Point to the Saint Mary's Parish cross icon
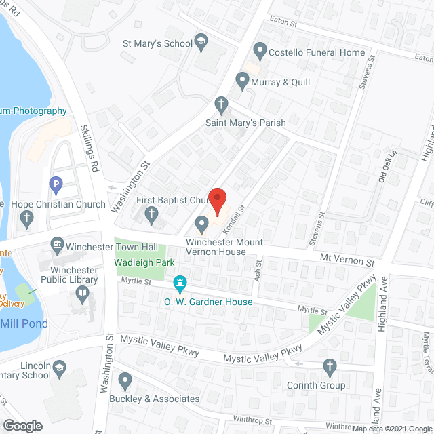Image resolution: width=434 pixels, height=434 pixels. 220,104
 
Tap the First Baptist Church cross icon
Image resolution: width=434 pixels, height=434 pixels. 152,216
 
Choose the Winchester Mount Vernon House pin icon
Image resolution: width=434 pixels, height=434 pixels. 201,223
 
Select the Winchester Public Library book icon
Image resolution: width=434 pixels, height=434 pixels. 83,293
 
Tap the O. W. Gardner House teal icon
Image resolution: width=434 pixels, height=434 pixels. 180,281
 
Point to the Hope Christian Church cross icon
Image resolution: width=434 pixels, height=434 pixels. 27,218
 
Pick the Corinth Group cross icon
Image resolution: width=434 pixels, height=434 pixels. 330,367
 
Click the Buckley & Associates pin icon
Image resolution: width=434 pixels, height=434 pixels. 125,380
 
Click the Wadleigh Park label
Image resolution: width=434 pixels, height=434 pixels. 144,262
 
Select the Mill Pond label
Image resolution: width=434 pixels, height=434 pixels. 24,323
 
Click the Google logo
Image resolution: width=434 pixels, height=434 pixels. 22,425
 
